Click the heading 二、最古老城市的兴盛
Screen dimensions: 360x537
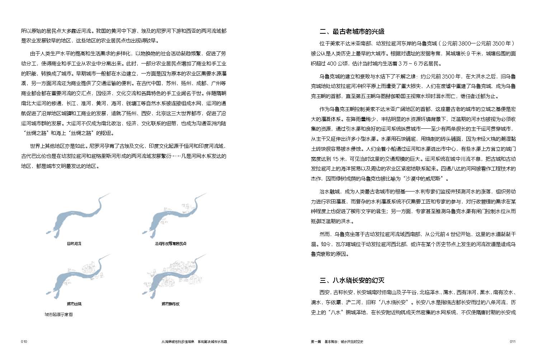point(352,32)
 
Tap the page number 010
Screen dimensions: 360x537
point(24,341)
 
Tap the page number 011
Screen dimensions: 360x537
point(513,341)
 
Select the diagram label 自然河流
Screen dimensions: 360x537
point(74,244)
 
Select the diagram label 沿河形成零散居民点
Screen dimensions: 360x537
point(170,244)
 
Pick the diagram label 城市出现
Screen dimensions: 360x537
point(74,304)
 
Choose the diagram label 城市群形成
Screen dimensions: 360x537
point(170,304)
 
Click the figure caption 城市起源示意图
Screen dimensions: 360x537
point(58,314)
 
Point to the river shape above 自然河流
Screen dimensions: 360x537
point(72,219)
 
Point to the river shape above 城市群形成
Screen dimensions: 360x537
point(169,280)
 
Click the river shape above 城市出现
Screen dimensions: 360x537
point(72,280)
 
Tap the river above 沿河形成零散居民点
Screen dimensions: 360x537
point(169,219)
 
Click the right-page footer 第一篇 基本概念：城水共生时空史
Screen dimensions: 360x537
point(337,341)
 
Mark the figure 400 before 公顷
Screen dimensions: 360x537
point(331,64)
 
